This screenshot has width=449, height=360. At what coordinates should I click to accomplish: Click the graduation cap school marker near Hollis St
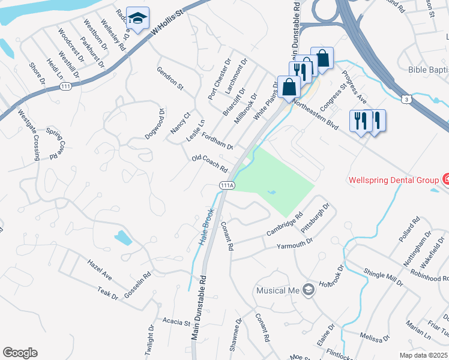[x=137, y=20]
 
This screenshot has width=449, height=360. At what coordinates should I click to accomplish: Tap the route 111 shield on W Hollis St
[x=65, y=87]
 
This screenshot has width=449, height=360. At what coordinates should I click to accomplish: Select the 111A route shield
[x=227, y=185]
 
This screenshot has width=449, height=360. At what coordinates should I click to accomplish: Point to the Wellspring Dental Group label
[x=393, y=179]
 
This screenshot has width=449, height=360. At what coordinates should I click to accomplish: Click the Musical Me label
[x=278, y=290]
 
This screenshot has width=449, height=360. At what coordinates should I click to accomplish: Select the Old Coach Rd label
[x=209, y=163]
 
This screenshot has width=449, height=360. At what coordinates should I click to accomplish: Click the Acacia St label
[x=176, y=322]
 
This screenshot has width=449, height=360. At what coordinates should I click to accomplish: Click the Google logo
[x=20, y=352]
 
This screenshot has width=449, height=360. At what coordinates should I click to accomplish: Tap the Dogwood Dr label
[x=154, y=124]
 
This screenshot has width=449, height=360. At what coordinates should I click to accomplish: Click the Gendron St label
[x=170, y=78]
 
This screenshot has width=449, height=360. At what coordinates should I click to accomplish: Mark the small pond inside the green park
[x=272, y=193]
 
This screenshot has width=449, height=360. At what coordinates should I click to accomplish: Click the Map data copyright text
[x=423, y=355]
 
